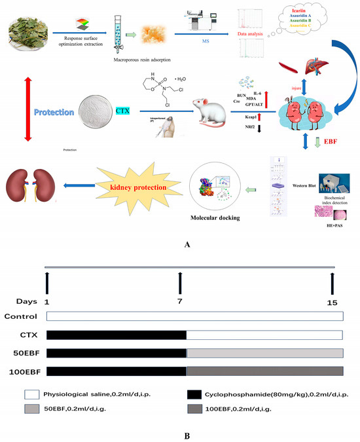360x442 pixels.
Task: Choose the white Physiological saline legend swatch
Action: click(x=29, y=395)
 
